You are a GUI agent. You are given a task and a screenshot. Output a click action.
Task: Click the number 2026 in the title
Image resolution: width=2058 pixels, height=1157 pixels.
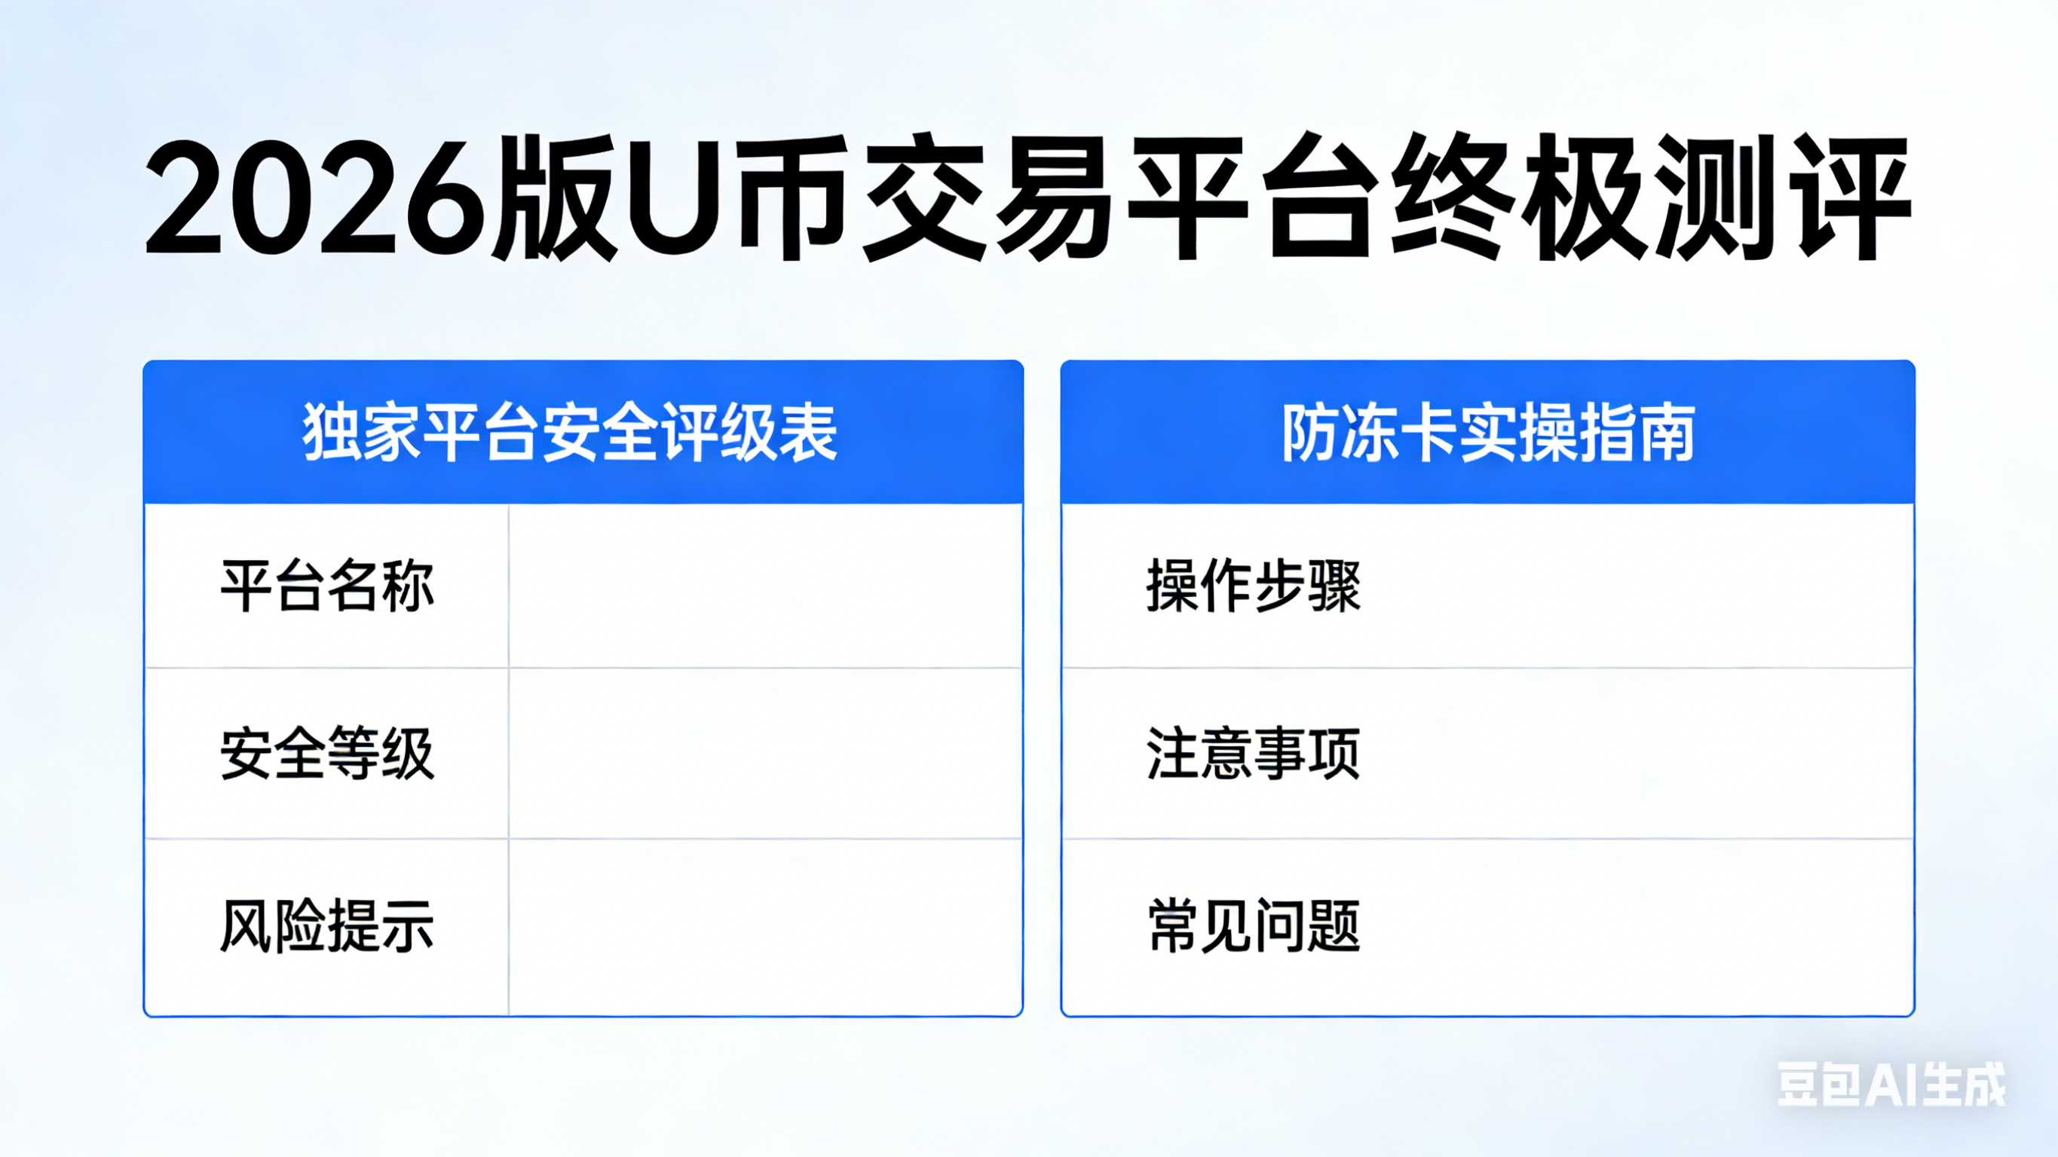316,198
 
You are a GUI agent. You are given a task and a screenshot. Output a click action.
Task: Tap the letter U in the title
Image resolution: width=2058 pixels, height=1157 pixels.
673,197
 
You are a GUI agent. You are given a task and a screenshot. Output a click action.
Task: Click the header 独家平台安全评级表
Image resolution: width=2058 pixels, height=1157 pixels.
570,433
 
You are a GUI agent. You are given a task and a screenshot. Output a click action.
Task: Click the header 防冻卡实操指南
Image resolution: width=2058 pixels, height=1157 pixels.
1488,433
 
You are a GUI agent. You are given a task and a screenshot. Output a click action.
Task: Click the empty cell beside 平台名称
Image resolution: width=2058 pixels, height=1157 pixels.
765,586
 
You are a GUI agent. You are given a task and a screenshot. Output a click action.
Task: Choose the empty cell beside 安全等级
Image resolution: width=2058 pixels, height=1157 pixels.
765,754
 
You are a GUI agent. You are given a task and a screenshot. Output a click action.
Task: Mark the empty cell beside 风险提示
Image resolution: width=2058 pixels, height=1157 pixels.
765,927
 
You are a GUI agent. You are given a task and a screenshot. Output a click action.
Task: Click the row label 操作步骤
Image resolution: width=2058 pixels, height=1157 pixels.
1254,586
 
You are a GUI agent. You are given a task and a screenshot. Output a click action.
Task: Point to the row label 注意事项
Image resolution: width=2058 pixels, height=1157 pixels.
1254,754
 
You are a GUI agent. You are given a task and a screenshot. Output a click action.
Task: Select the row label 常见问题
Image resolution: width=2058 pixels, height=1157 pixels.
1254,926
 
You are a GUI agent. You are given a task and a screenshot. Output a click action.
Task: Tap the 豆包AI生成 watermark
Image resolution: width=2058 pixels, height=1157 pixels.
1892,1085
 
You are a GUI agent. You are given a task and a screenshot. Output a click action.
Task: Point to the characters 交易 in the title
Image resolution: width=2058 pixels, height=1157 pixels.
988,197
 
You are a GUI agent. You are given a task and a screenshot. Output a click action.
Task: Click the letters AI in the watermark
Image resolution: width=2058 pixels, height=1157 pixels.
1892,1085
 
